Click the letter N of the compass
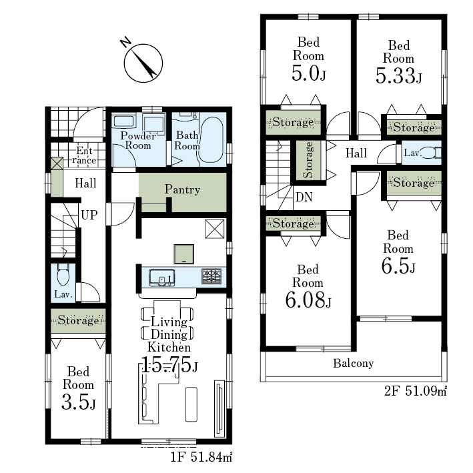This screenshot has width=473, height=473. coord(125,42)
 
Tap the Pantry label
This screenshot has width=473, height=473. coord(182,189)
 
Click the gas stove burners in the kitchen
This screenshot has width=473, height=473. coord(211,276)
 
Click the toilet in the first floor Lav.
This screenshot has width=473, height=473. coord(63,275)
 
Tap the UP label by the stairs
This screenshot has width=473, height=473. coord(89,215)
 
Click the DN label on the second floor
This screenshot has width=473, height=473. coord(304,197)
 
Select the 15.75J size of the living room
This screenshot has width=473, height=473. coord(169,364)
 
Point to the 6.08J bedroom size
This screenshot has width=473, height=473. coord(308,300)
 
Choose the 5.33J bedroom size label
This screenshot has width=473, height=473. coord(398,75)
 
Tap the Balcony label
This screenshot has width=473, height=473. coord(353,363)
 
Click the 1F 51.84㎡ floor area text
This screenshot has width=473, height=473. coord(201,458)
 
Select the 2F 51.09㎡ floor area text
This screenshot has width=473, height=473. coord(416,392)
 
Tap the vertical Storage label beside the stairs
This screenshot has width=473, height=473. coord(308,160)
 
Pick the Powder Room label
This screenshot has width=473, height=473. coord(138,141)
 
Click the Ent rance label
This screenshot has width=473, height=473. coord(84,155)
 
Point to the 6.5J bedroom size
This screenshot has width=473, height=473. coord(398,266)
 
